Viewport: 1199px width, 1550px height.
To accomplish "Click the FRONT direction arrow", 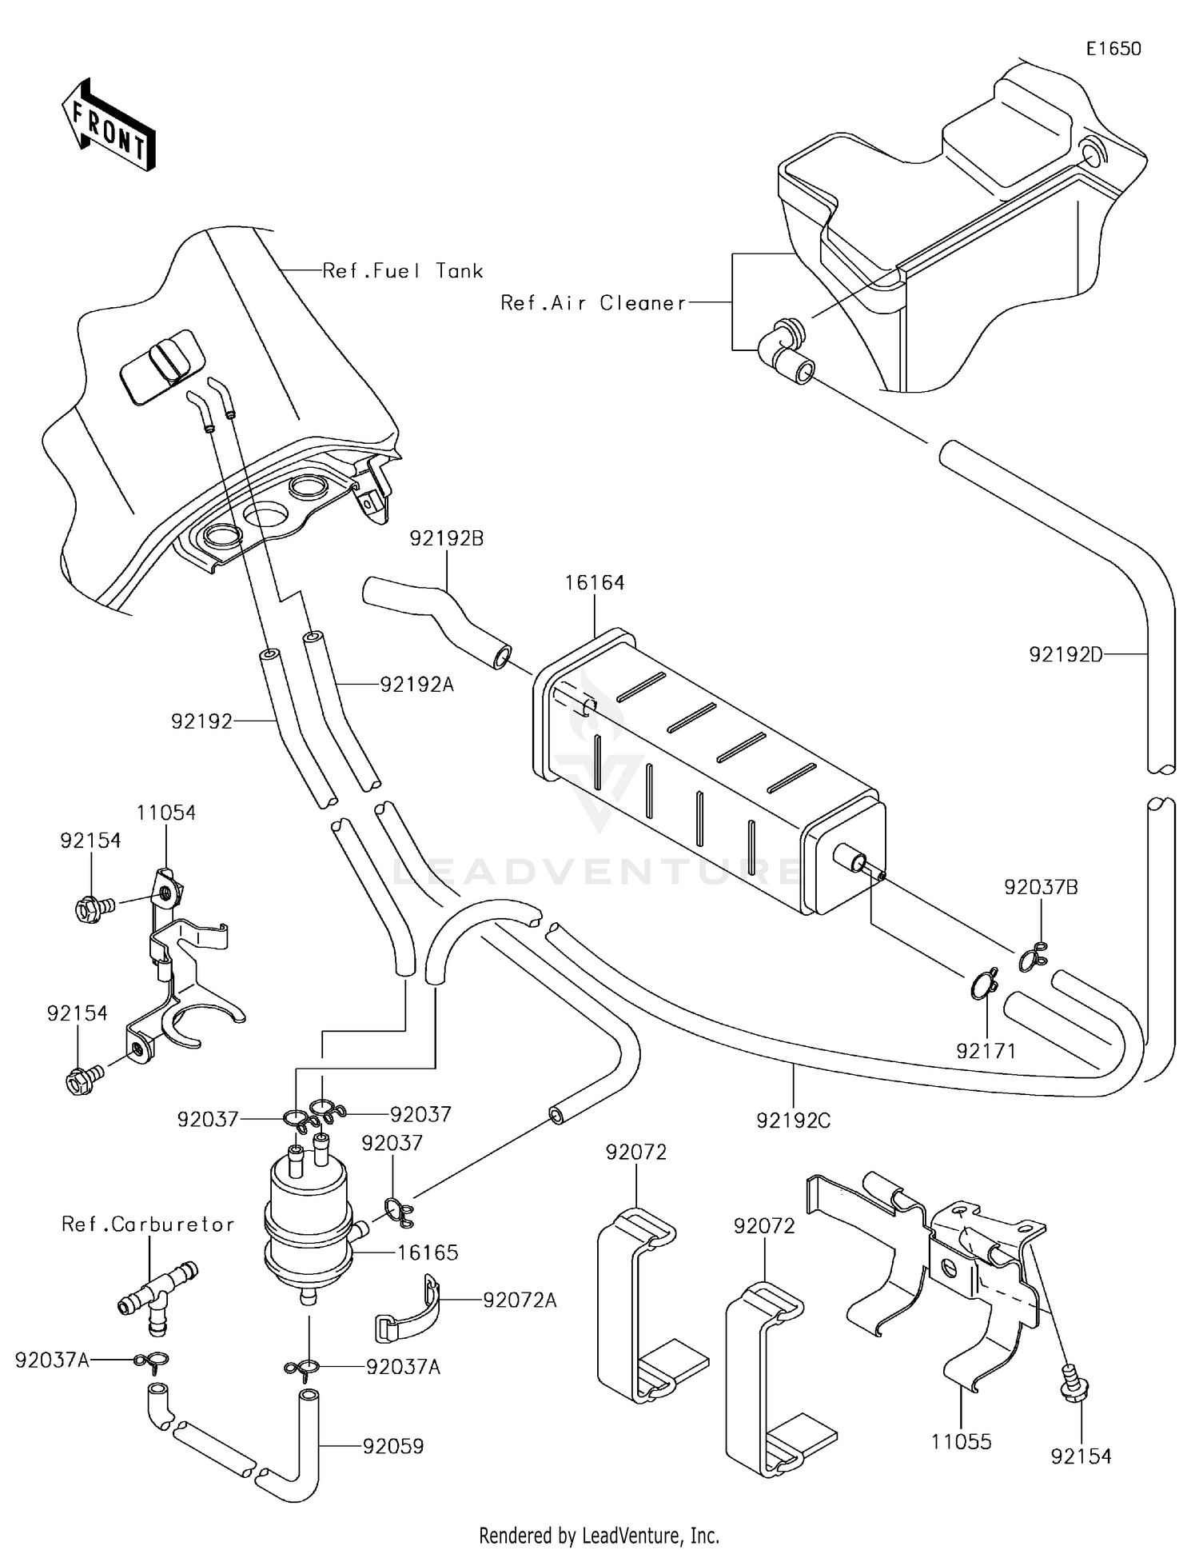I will (x=108, y=126).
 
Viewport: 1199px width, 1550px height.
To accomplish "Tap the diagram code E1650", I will (x=1113, y=49).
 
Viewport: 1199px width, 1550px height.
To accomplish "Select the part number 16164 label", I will (x=594, y=583).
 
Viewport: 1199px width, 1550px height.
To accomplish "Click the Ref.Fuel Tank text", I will (x=403, y=271).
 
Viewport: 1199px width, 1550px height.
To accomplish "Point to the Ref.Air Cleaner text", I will (x=593, y=303).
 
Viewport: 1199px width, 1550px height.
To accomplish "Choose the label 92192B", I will (x=447, y=538).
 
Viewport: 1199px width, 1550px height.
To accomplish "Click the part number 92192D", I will (x=1066, y=655).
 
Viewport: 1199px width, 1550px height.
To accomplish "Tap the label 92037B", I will (x=1041, y=887).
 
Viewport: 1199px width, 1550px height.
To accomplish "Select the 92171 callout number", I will (x=986, y=1051).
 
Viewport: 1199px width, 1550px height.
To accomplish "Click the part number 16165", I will (x=428, y=1252).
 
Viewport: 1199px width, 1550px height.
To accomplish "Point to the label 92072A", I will (x=520, y=1300).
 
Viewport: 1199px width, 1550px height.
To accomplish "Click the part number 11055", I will (x=961, y=1442).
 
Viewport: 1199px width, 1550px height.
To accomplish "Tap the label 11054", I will (x=165, y=813).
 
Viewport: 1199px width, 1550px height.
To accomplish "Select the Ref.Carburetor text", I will (x=148, y=1224).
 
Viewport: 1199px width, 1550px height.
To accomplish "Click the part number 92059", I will (x=393, y=1446).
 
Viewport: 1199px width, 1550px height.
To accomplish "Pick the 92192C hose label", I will (x=794, y=1121).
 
